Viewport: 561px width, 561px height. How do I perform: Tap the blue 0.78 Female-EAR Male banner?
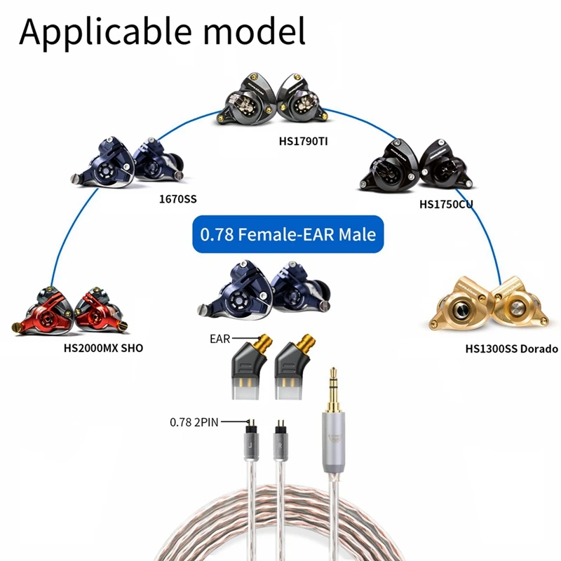pos(288,234)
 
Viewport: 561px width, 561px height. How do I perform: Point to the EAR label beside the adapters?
pos(219,338)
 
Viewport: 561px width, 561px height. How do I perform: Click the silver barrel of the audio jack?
pos(332,449)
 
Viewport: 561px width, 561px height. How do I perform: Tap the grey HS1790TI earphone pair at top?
pos(280,104)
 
